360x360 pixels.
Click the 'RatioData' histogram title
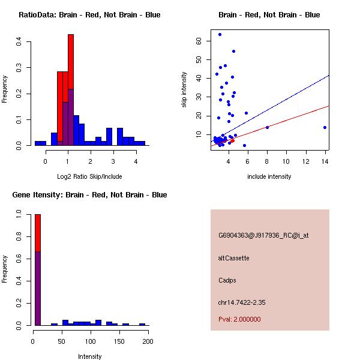[x=89, y=15]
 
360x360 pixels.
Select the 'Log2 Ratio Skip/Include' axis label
[x=89, y=176]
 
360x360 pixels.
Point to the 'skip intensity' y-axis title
[x=184, y=90]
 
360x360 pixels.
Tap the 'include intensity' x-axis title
[x=269, y=176]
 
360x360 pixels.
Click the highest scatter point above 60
[x=220, y=35]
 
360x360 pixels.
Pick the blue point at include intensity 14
[x=325, y=127]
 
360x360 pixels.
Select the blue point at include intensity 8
[x=267, y=127]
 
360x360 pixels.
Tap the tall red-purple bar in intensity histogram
[x=37, y=270]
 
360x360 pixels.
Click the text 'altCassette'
[x=234, y=258]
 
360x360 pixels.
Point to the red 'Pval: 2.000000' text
[x=239, y=319]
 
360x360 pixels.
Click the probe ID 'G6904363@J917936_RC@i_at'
[x=263, y=236]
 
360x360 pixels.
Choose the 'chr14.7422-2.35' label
[x=242, y=302]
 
